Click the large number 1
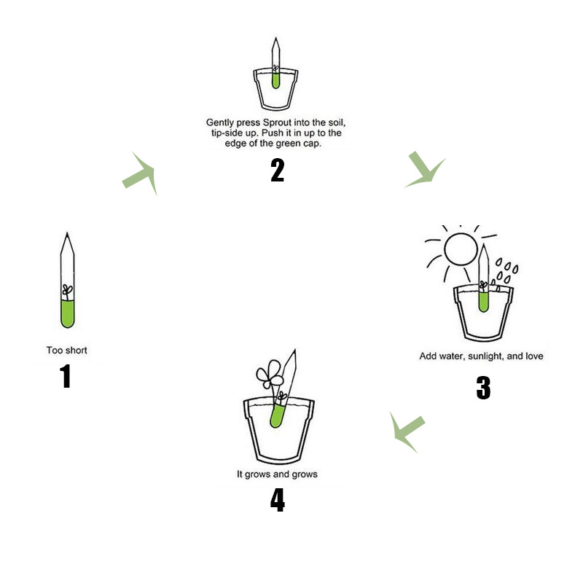coord(66,376)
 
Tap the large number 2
coord(277,170)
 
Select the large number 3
coord(483,388)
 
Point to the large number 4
coord(277,501)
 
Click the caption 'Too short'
coord(67,351)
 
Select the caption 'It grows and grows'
coord(277,474)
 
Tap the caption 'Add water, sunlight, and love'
coord(481,356)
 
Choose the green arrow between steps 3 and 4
coord(406,431)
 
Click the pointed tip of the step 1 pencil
coord(67,237)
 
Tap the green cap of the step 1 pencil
coord(67,313)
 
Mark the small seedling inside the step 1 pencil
coord(67,291)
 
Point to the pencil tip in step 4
coord(295,355)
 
